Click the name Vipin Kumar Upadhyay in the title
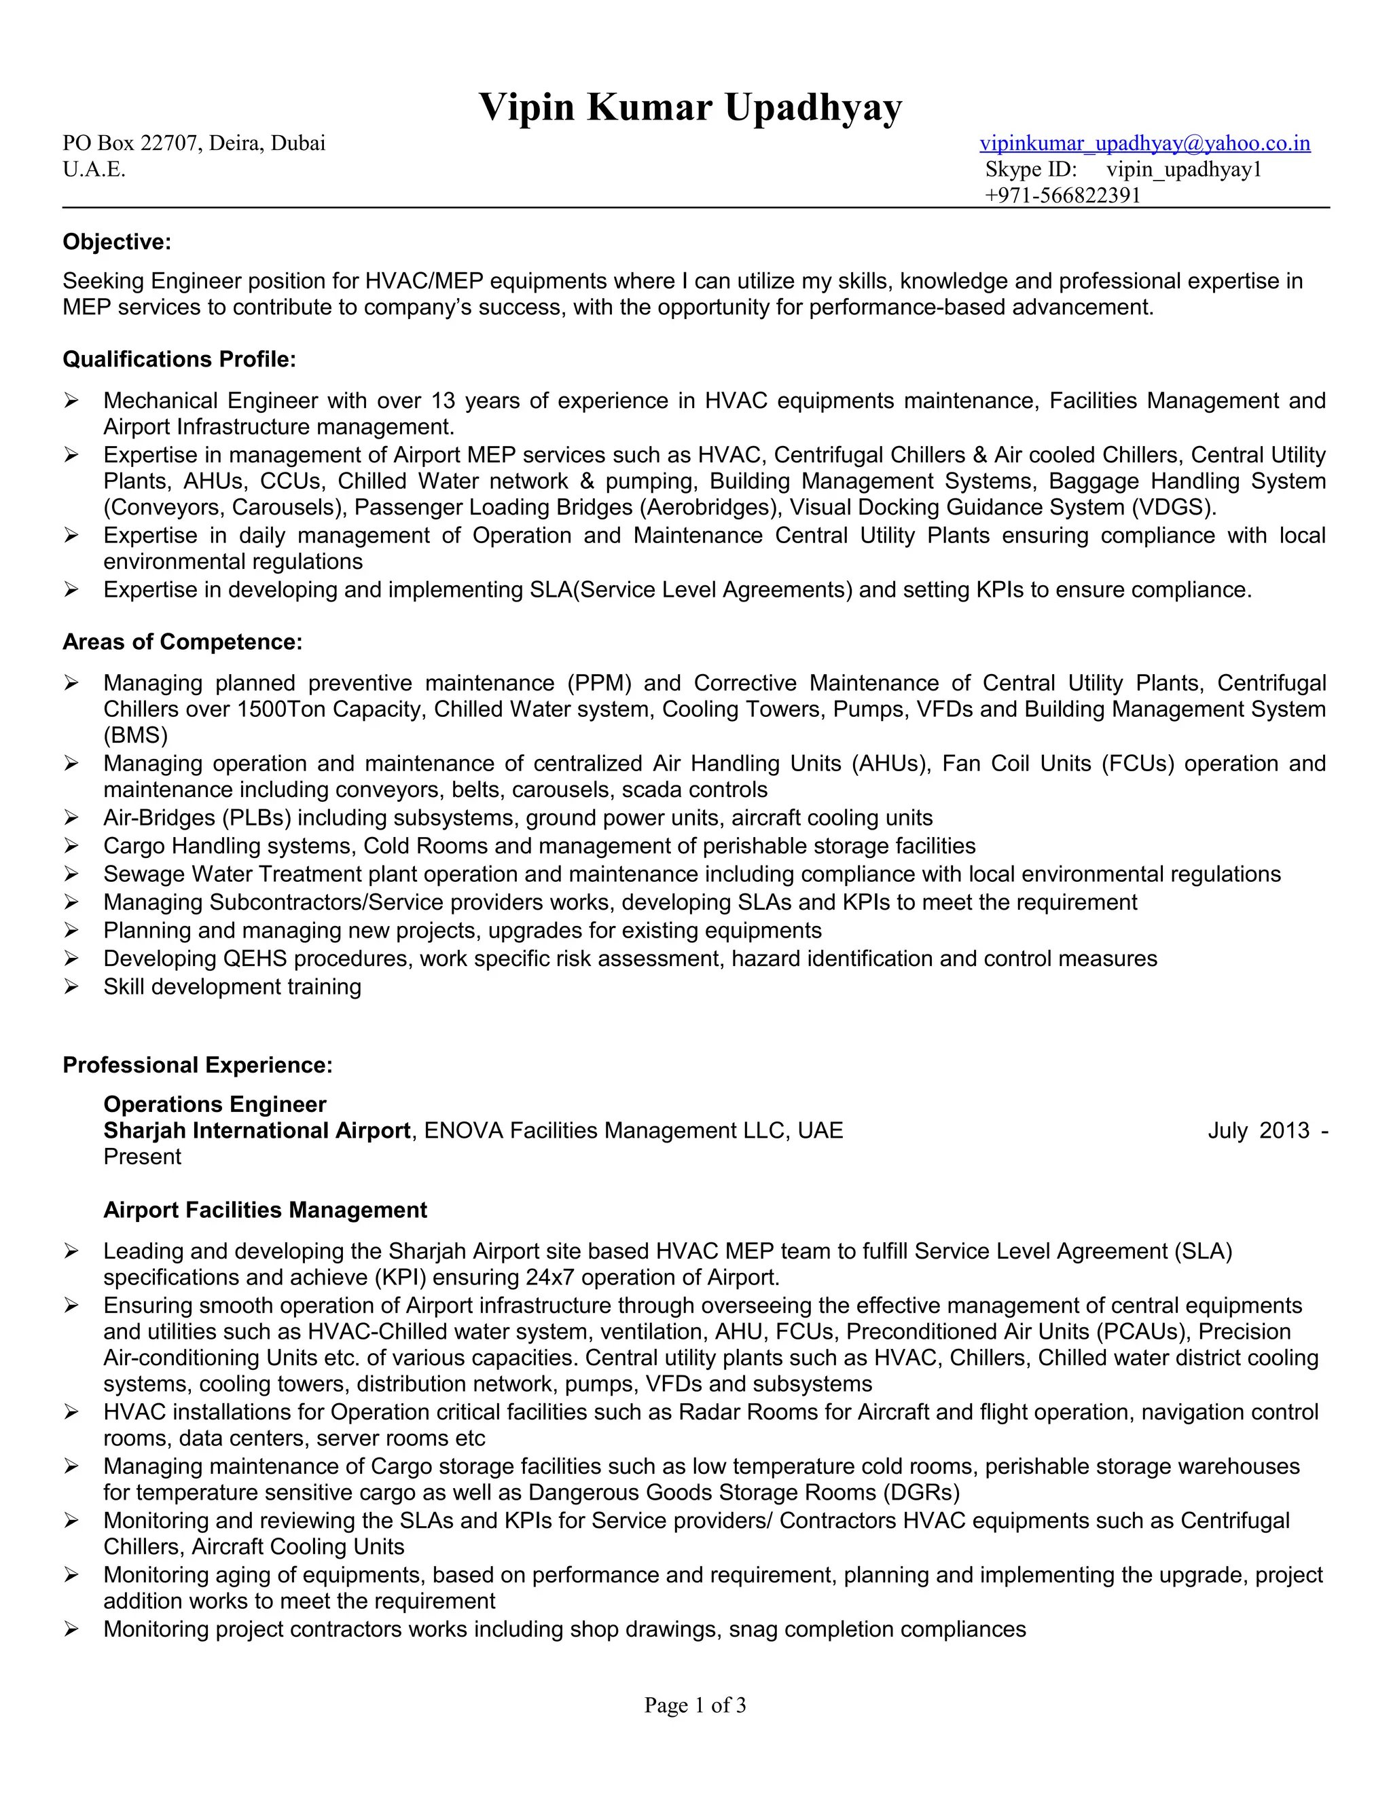[691, 107]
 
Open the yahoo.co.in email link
[1144, 143]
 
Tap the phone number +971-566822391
[1062, 196]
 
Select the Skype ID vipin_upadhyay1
[1183, 170]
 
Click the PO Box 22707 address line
[194, 143]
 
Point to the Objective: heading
[117, 242]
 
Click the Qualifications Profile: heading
[179, 359]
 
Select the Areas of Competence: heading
[182, 642]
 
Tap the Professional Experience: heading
[198, 1065]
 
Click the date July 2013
[1259, 1131]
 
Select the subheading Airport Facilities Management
[266, 1210]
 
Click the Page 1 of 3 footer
[695, 1705]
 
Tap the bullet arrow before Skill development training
[72, 987]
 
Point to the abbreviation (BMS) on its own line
[135, 736]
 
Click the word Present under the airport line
[142, 1157]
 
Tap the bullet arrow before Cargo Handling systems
[72, 846]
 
